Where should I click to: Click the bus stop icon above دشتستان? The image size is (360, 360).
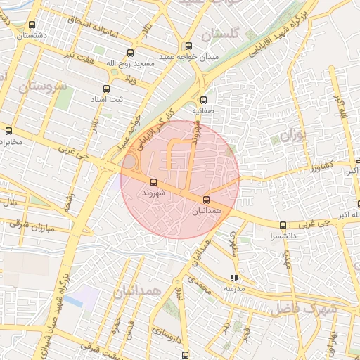tap(32, 25)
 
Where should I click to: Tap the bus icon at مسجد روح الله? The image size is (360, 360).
tap(131, 53)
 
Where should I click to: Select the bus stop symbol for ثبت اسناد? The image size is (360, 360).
tap(107, 89)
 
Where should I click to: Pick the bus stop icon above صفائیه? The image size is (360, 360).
tap(204, 100)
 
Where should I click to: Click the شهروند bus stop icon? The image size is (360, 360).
tap(154, 182)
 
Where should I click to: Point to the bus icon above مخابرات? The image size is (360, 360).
tap(9, 131)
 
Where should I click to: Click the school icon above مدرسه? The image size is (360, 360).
tap(234, 277)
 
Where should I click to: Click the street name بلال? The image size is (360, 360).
tap(10, 203)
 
